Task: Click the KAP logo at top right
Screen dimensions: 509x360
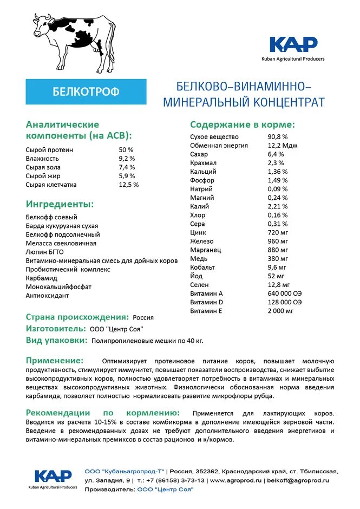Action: (x=293, y=45)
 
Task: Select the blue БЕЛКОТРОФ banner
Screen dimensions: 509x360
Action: (x=86, y=92)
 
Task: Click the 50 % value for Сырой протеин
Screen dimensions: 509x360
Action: (x=126, y=150)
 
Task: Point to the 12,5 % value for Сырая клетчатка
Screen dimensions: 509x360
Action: (x=128, y=185)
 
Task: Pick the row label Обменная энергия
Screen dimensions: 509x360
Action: (x=219, y=146)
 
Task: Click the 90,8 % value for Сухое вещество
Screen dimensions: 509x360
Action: (x=278, y=137)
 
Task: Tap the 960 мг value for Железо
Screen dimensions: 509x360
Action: (x=277, y=241)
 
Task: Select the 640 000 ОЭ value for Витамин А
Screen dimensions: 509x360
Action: (x=284, y=293)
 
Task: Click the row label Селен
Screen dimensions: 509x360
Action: (x=200, y=284)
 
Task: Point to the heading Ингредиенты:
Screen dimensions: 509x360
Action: (x=60, y=204)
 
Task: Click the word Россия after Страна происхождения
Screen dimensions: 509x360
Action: (x=143, y=317)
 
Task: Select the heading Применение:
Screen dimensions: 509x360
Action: (x=55, y=361)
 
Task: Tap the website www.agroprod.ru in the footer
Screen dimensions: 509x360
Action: (x=236, y=480)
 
